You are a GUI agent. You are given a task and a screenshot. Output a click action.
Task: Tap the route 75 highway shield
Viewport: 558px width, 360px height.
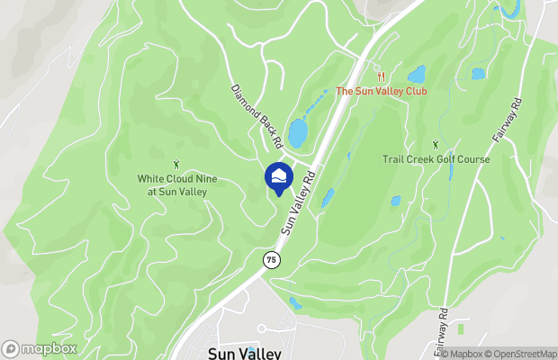(271, 259)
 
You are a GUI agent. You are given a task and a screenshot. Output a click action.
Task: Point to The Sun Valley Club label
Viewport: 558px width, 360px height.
(381, 91)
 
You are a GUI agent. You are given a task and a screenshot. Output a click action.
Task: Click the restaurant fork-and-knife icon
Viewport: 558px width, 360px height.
(382, 76)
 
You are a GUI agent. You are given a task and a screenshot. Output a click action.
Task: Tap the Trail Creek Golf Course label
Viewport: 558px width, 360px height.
(435, 159)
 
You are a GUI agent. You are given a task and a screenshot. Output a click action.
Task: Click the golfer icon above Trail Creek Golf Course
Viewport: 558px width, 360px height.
(436, 144)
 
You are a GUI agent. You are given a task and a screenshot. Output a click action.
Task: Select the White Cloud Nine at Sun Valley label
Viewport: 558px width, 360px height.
(176, 184)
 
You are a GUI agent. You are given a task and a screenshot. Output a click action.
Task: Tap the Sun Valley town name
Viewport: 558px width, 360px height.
(244, 353)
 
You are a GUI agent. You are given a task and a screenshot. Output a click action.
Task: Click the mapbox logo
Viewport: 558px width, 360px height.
(39, 349)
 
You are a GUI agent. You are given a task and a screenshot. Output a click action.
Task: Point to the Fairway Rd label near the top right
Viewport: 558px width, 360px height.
(508, 122)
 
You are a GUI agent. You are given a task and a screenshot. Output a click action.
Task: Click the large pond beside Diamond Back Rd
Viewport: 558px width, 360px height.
(297, 133)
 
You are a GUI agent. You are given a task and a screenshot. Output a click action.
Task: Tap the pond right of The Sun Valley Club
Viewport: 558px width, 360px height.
(417, 74)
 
